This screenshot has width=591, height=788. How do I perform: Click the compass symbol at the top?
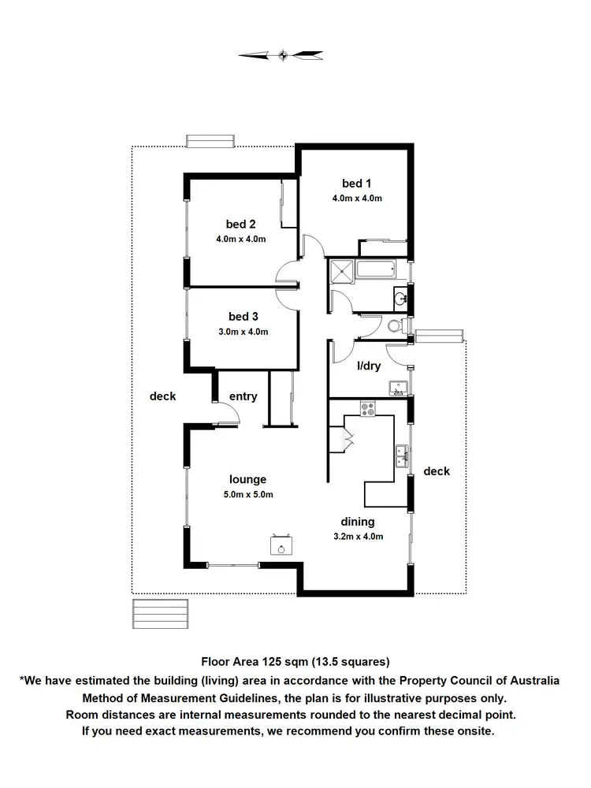tap(281, 54)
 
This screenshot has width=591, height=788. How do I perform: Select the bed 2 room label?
tap(241, 223)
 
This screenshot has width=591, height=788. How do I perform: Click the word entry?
tap(243, 396)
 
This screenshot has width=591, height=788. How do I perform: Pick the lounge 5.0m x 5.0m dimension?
tap(247, 494)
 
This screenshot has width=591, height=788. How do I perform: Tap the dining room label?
tap(357, 521)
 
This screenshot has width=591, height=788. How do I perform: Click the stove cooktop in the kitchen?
tap(368, 408)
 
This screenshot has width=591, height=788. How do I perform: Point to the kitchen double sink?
tap(401, 456)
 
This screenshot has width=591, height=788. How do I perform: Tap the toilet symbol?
tap(398, 325)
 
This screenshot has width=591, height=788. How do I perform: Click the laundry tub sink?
tap(397, 386)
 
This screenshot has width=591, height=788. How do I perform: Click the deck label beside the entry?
tap(162, 396)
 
